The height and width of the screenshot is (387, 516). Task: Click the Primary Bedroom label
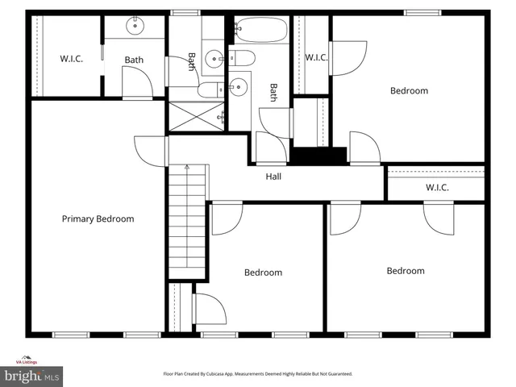point(98,218)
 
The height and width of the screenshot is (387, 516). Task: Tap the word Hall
point(274,177)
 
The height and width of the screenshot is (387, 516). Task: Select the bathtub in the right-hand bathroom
point(259,31)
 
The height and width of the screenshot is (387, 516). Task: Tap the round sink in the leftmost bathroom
point(134,27)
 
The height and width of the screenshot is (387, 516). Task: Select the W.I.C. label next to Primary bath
point(71,59)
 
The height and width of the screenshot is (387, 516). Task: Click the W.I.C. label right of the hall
point(437,188)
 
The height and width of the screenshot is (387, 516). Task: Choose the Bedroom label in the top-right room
point(409,90)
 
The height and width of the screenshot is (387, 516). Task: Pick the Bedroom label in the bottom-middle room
point(263,273)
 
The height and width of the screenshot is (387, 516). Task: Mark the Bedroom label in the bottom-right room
point(405,271)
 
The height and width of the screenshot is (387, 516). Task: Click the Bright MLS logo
point(32,376)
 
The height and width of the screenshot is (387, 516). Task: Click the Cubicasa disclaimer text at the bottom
point(259,374)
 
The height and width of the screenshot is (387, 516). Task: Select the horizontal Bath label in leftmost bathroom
point(134,59)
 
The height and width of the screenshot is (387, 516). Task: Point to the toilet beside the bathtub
point(243,57)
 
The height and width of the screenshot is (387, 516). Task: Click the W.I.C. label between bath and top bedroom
point(316,56)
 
